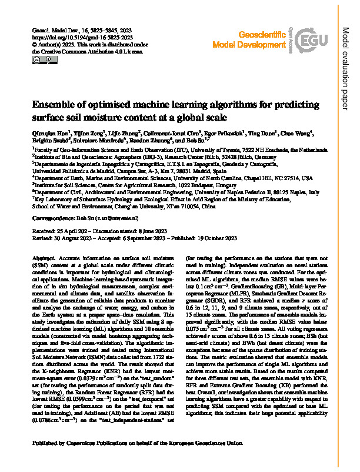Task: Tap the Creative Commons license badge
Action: coord(41,59)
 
